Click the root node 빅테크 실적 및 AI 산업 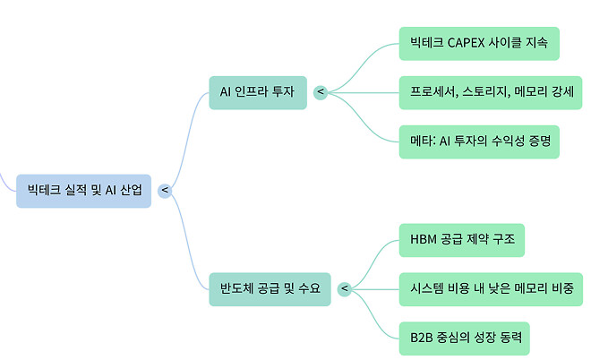click(x=84, y=190)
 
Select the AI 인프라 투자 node click(x=256, y=91)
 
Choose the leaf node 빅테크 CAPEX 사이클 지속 click(x=479, y=43)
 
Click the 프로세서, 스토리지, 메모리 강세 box click(x=492, y=91)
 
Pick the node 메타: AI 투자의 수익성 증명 click(x=479, y=141)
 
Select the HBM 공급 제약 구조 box click(x=461, y=240)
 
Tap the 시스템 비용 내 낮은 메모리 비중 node click(x=492, y=288)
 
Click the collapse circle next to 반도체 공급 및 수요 click(x=345, y=288)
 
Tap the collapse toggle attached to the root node click(x=165, y=190)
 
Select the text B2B click(x=422, y=338)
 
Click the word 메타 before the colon click(x=421, y=141)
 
